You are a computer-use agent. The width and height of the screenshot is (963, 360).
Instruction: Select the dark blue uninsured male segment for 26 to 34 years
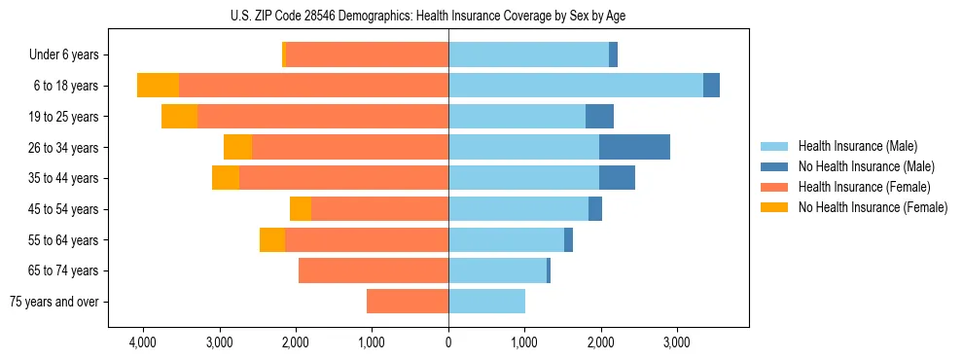pos(634,147)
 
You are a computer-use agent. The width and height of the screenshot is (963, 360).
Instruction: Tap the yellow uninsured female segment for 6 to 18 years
pos(158,86)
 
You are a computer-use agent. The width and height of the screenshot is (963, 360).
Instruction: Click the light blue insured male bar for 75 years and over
pos(486,302)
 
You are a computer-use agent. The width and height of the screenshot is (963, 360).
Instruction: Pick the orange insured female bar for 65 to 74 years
pos(374,270)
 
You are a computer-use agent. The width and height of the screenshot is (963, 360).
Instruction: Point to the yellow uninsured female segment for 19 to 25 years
pos(179,117)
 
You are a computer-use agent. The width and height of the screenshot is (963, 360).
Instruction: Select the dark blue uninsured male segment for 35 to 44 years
pos(617,178)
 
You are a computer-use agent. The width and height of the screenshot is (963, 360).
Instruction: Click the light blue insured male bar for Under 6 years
pos(528,54)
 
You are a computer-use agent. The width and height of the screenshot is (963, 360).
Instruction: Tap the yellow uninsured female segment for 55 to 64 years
pos(272,239)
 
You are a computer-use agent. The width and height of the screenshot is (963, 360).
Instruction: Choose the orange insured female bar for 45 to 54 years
pos(379,209)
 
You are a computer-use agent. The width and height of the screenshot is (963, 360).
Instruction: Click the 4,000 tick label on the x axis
pos(143,342)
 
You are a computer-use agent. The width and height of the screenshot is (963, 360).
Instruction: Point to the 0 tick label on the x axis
pos(448,342)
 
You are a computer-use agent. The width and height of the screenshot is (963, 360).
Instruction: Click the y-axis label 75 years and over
pos(54,302)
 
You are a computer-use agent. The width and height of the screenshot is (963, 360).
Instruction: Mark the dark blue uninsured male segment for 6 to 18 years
pos(711,86)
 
